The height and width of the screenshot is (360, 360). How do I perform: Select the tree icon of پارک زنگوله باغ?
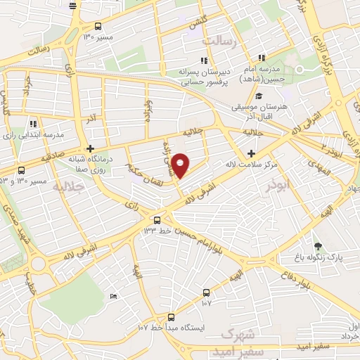318,245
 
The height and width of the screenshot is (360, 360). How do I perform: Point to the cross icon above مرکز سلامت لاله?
252,153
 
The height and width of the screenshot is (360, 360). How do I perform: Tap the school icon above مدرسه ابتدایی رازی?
33,124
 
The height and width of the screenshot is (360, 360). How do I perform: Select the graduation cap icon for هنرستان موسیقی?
259,96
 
